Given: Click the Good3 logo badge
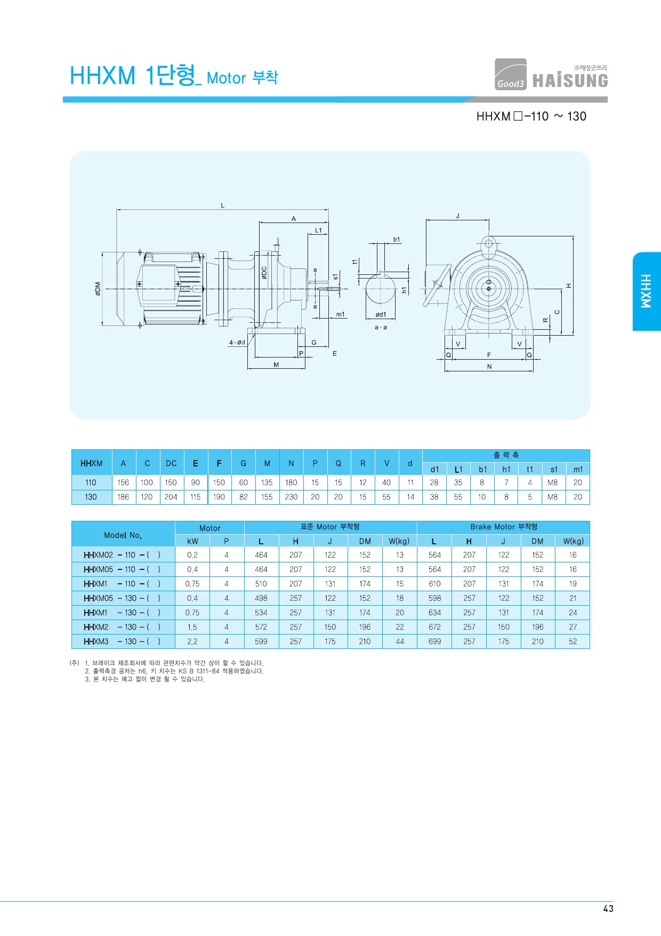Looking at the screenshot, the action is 510,74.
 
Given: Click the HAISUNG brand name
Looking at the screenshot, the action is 570,81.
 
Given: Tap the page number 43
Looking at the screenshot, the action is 608,909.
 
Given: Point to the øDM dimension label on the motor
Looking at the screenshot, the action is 98,289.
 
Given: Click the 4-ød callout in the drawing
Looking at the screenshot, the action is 237,343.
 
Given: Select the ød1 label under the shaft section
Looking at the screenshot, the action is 381,315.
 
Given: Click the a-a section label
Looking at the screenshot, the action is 381,327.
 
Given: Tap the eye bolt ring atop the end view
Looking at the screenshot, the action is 488,244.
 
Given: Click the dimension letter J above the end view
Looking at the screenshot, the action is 457,216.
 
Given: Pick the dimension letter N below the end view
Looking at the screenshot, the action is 489,367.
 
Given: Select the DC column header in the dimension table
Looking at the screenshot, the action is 171,463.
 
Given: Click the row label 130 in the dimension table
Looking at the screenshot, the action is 91,497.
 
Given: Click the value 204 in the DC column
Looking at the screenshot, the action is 171,497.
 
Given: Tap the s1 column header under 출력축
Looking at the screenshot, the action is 554,470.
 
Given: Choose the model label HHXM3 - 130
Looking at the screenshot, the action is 122,641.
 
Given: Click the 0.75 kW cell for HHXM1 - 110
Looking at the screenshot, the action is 192,584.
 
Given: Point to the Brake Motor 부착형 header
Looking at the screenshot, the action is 504,527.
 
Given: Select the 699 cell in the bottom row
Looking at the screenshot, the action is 435,641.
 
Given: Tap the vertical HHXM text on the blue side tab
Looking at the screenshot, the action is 646,291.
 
